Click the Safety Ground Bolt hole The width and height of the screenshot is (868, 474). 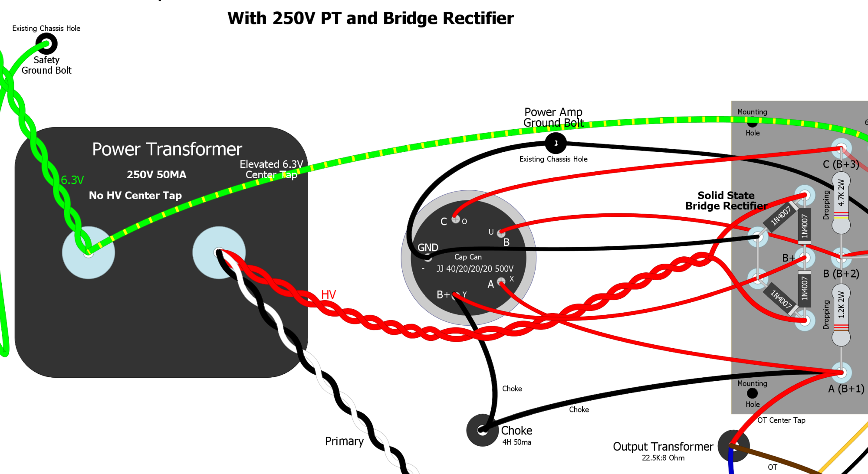coord(46,44)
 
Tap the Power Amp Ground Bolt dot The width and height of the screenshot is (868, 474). coord(556,143)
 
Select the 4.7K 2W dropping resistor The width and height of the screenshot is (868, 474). coord(841,203)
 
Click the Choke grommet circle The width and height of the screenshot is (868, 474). coord(482,430)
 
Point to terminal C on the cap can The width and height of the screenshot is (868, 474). coord(455,219)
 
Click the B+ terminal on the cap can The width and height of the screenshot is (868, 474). coord(455,296)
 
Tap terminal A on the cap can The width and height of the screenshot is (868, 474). coord(501,281)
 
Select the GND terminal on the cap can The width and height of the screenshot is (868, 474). coord(428,258)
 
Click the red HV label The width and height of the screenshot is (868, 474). coord(329,295)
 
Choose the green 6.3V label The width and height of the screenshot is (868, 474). coord(72,180)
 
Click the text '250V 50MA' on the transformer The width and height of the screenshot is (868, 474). coord(156,175)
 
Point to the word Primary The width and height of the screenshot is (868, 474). coord(344,441)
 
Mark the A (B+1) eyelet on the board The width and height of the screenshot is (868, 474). coord(841,372)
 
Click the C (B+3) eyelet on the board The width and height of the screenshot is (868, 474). coord(841,148)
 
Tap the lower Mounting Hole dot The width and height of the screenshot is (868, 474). coord(752,393)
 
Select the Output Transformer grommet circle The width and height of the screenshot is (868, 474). coord(733,445)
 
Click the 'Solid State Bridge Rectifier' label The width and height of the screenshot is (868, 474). coord(726,201)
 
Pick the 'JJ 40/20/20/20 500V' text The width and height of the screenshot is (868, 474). coord(475,269)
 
